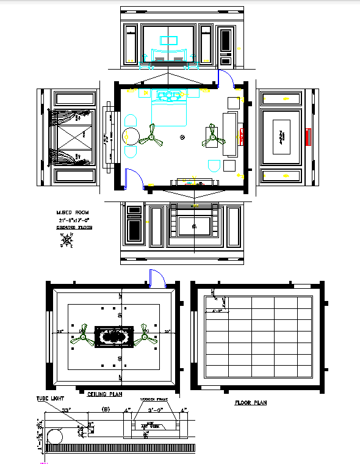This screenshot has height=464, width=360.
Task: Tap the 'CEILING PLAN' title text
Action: (106, 394)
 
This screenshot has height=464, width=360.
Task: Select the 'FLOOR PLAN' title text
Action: (251, 403)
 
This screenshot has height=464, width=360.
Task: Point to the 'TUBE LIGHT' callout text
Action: (49, 399)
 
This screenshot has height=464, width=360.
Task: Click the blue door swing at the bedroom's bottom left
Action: (135, 176)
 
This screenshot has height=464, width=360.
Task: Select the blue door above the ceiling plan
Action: (157, 278)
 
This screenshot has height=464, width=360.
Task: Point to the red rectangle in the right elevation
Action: (309, 137)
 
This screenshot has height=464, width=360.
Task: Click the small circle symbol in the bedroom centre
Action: (182, 137)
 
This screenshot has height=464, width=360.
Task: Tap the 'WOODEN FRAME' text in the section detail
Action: (152, 399)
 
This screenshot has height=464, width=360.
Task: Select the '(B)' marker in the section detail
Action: (105, 408)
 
